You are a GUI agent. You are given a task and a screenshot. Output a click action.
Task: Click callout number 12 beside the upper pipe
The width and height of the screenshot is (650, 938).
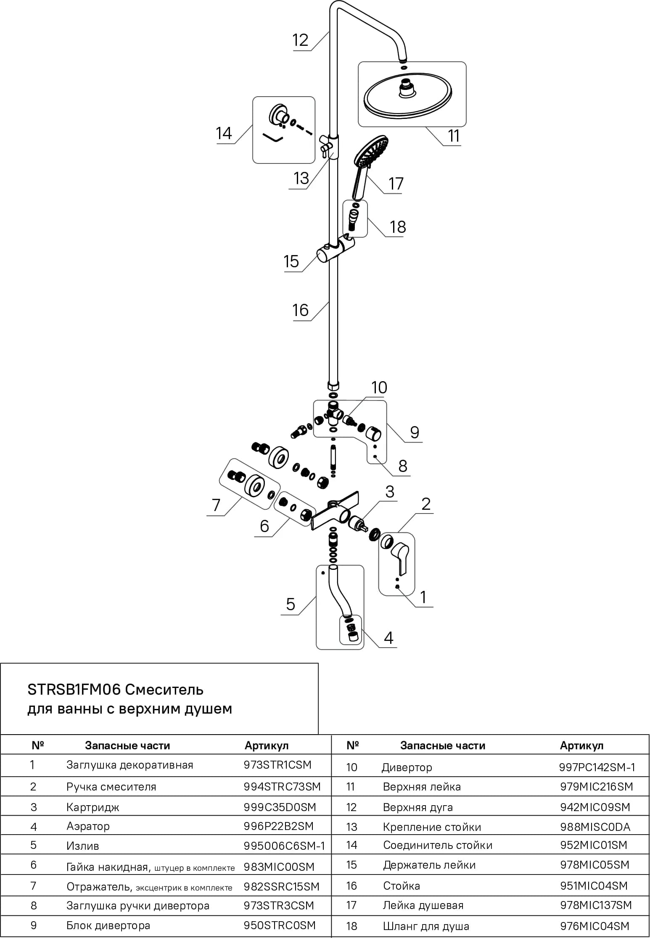(x=300, y=40)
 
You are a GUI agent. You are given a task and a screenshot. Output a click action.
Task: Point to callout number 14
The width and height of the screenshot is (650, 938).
(x=224, y=133)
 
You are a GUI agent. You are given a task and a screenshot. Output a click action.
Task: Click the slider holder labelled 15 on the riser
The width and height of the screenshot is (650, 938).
(x=335, y=249)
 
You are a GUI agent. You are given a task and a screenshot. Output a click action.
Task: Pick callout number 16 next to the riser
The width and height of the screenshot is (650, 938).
(x=301, y=311)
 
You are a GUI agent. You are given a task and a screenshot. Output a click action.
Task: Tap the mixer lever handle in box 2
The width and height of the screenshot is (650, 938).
(x=400, y=558)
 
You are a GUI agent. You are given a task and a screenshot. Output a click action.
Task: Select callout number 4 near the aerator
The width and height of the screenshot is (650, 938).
(x=388, y=638)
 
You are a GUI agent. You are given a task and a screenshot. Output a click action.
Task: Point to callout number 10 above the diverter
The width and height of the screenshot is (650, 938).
(x=379, y=387)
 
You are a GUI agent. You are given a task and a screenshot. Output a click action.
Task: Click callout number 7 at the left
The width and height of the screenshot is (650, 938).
(x=216, y=505)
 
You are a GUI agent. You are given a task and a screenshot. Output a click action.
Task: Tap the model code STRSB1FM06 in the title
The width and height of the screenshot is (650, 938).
(x=74, y=690)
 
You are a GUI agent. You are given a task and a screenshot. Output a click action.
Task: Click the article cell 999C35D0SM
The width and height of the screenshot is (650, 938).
(x=280, y=807)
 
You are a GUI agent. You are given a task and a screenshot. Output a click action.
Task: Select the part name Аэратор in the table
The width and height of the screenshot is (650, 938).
(x=88, y=826)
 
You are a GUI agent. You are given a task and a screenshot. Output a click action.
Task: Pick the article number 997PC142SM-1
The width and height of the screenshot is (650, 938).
(x=597, y=767)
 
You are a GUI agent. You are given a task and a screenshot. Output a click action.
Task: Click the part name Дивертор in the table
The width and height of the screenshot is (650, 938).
(x=407, y=768)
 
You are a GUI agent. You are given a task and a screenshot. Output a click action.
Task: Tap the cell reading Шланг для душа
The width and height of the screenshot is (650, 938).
(x=426, y=926)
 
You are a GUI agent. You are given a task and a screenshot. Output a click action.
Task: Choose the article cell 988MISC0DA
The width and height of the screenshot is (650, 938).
(x=595, y=827)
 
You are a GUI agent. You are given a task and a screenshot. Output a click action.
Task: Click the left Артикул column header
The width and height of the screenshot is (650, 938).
(x=267, y=746)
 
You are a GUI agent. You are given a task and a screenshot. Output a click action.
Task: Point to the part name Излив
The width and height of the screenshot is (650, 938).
(x=83, y=846)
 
